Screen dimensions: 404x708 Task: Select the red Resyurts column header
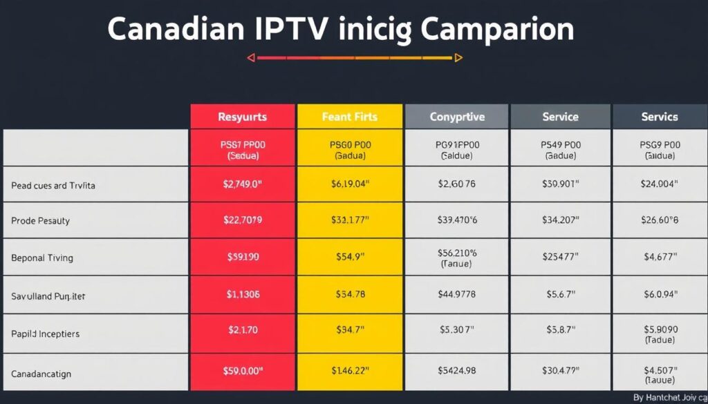(242, 117)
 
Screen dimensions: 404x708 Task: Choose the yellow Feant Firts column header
(349, 117)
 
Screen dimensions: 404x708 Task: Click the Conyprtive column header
(457, 117)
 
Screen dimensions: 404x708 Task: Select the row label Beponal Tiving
(42, 258)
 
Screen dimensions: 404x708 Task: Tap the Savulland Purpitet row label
(48, 296)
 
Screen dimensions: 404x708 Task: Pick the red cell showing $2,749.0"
(242, 184)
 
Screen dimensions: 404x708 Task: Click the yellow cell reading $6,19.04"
(349, 184)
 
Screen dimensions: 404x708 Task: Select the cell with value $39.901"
(560, 184)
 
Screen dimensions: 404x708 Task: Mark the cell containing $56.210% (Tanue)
(457, 258)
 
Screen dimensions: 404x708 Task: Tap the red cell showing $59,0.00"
(242, 372)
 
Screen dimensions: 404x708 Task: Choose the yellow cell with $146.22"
(349, 372)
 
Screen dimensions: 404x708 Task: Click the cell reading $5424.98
(457, 372)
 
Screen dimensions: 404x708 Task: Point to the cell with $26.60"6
(659, 221)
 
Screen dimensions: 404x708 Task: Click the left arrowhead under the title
(252, 58)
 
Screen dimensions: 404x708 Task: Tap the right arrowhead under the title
(458, 58)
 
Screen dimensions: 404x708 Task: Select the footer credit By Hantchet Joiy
(668, 397)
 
